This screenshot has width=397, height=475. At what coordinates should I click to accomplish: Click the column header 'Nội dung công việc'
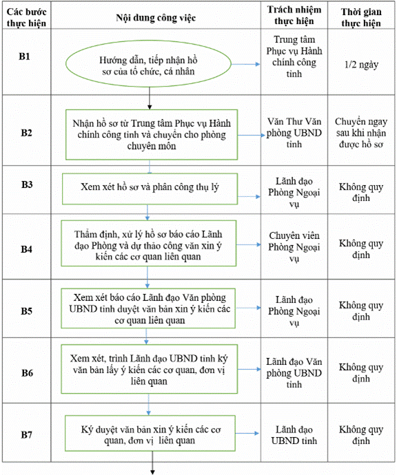[x=156, y=18]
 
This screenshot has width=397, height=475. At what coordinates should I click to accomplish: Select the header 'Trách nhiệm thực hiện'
[x=294, y=15]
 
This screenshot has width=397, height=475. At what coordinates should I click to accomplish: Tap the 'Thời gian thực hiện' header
[x=361, y=17]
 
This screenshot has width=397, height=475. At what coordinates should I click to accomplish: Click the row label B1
[x=25, y=56]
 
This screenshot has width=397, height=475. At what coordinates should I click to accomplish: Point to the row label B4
[x=26, y=249]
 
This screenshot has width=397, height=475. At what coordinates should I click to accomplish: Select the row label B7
[x=26, y=434]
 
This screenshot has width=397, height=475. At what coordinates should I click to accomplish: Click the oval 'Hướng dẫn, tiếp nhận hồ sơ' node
[x=149, y=64]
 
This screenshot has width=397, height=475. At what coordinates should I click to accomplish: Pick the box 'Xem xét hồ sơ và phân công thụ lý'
[x=150, y=189]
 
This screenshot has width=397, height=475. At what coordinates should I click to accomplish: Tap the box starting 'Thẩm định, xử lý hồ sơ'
[x=149, y=243]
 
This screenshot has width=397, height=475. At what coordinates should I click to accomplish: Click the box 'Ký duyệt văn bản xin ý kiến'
[x=150, y=433]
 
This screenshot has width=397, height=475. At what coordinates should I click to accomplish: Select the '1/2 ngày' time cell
[x=361, y=65]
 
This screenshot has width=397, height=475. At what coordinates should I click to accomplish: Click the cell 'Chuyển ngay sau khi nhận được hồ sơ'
[x=361, y=133]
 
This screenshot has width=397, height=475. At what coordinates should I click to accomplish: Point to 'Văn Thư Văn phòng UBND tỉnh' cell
[x=294, y=133]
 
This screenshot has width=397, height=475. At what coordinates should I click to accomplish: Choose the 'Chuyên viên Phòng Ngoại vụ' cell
[x=294, y=247]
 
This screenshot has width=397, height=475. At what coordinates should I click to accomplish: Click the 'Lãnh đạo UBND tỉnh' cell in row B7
[x=294, y=435]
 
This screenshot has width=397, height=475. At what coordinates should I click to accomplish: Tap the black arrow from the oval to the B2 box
[x=150, y=98]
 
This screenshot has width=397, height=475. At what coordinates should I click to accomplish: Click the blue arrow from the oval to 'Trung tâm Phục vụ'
[x=245, y=64]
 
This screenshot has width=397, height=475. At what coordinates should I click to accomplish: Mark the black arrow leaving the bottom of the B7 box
[x=152, y=463]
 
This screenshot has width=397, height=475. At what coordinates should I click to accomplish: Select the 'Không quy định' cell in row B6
[x=361, y=372]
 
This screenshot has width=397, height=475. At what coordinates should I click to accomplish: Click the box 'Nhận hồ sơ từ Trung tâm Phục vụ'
[x=152, y=134]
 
